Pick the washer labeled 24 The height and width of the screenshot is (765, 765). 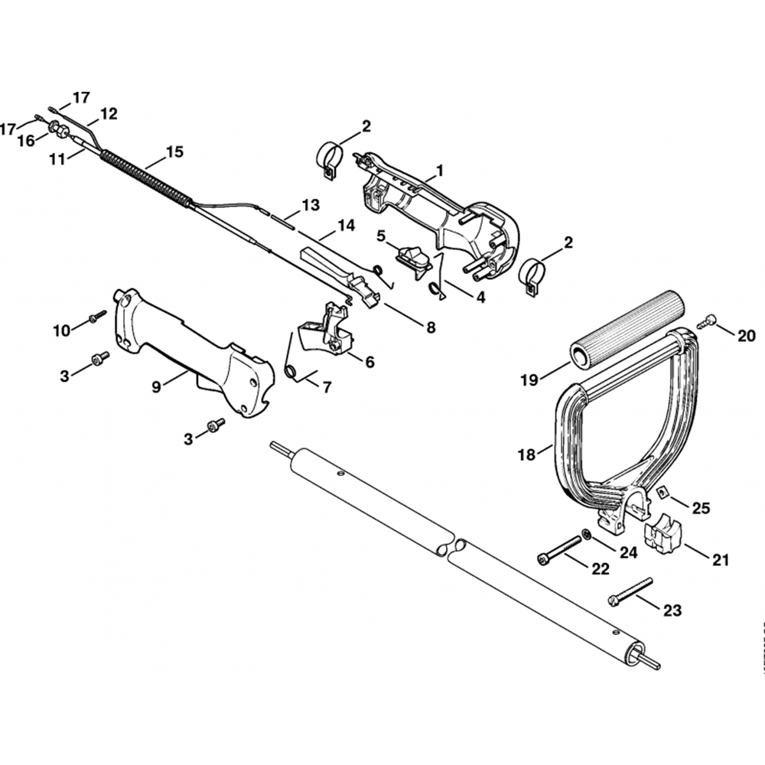(x=585, y=534)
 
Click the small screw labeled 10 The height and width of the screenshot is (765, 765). (x=97, y=317)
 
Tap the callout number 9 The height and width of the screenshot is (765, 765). (x=157, y=387)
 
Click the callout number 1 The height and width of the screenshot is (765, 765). (x=440, y=168)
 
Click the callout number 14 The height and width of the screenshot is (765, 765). (x=347, y=226)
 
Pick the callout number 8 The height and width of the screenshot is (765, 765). (x=431, y=327)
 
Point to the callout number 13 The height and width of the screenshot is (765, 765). (x=310, y=205)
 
